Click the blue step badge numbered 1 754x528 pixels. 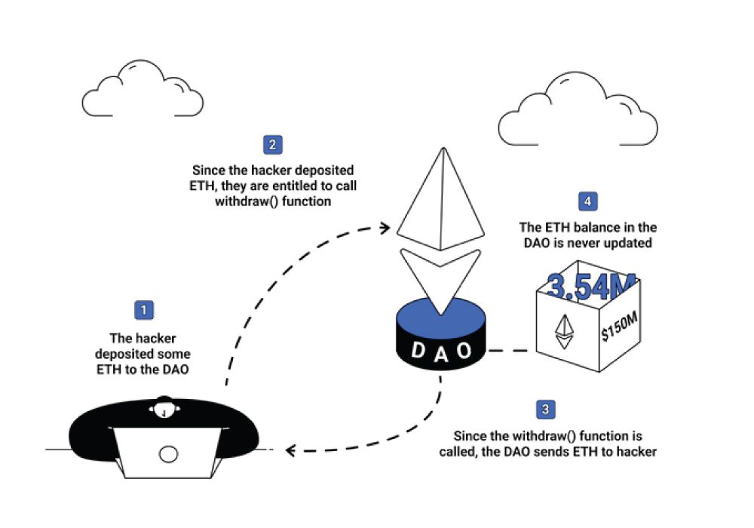coord(143,309)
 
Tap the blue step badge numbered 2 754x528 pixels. coord(272,145)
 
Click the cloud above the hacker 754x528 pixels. coord(143,91)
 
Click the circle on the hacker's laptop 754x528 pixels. coord(169,453)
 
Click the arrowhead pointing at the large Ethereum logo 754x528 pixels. coord(385,226)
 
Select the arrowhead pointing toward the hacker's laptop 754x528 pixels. coord(290,451)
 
